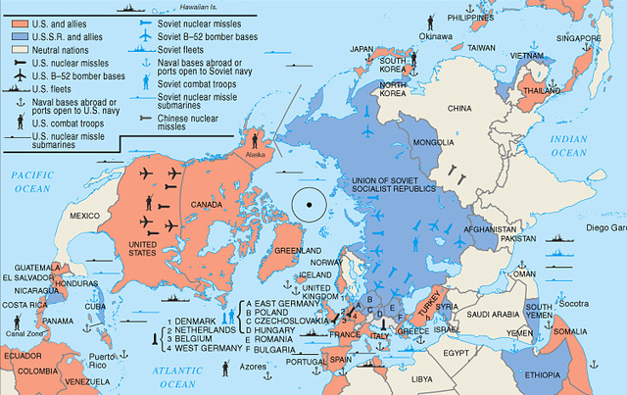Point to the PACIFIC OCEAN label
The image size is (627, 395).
click(x=31, y=179)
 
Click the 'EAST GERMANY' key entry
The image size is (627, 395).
click(x=285, y=304)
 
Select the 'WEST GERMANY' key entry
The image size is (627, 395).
click(x=201, y=347)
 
